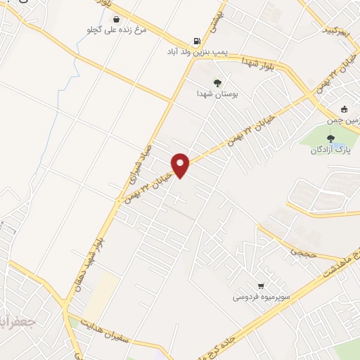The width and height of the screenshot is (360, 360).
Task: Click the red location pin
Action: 181,165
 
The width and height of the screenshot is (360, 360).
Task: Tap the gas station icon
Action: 195,41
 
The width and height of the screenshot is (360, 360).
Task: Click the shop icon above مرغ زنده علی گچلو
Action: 115,20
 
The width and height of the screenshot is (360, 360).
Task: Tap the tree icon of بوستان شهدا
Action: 217,82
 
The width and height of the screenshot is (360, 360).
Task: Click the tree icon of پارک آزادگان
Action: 330,138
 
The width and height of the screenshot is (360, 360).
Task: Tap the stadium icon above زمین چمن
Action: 344,109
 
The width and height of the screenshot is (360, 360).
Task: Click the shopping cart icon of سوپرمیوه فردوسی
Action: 261,286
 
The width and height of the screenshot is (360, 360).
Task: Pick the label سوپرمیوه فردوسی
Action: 261,297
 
